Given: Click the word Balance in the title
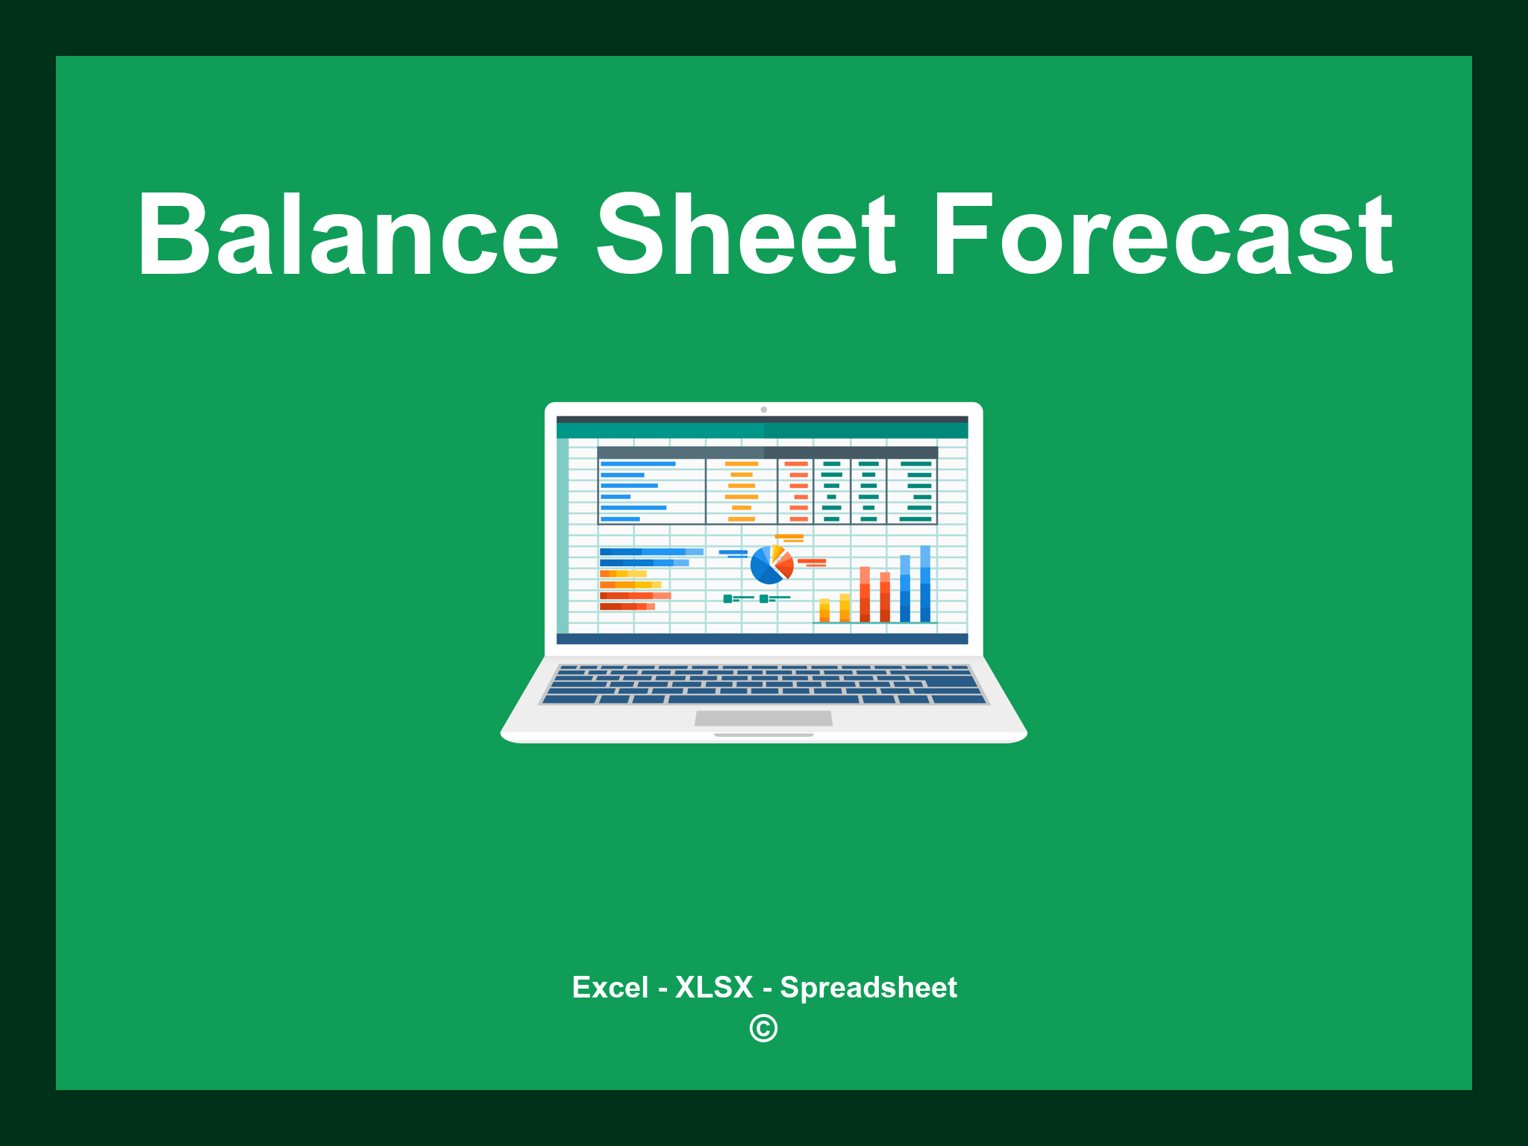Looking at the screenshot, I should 348,235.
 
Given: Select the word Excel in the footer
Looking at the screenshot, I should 610,988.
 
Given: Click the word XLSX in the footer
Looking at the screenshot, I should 714,988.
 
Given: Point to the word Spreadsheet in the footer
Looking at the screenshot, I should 868,988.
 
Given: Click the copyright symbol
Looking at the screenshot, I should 763,1028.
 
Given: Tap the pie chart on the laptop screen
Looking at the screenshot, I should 770,566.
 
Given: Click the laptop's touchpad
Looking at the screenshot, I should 763,718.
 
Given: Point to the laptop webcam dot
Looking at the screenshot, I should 763,410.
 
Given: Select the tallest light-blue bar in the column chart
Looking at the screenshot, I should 925,583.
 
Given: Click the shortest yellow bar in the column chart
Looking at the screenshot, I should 824,610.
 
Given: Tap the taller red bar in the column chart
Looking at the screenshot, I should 865,594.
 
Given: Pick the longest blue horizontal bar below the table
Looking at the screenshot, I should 651,552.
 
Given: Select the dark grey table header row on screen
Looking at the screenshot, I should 767,452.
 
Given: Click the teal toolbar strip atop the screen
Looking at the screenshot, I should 762,430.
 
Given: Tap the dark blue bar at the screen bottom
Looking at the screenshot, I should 762,639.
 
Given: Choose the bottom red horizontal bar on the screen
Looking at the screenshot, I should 626,607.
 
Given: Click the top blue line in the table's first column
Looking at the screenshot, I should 638,464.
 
